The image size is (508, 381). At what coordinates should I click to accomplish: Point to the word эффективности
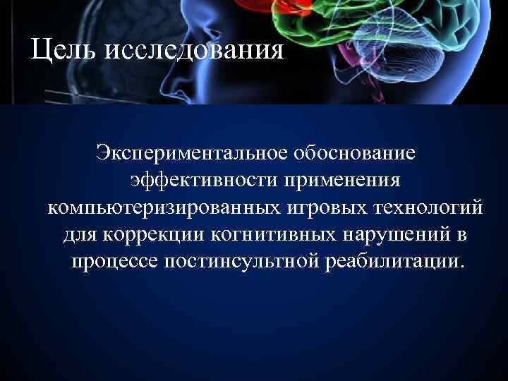(202, 179)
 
